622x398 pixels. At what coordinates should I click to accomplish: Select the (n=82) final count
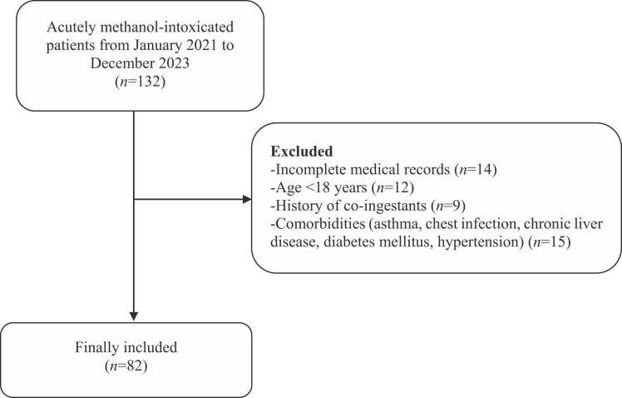pyautogui.click(x=134, y=364)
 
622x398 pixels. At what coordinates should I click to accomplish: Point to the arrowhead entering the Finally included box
pyautogui.click(x=134, y=317)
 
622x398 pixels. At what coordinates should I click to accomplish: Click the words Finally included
pyautogui.click(x=134, y=346)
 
